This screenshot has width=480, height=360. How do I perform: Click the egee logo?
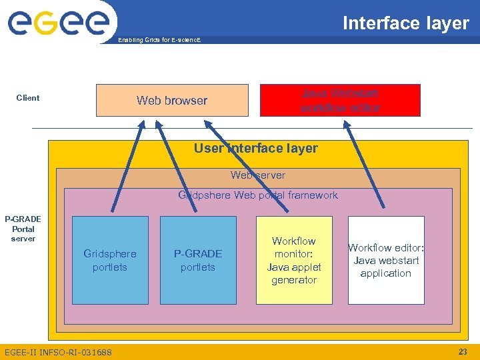(x=58, y=22)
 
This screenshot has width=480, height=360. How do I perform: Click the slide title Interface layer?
(x=405, y=23)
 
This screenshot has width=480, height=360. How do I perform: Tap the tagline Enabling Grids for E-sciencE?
(x=159, y=40)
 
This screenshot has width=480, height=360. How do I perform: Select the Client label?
(x=28, y=98)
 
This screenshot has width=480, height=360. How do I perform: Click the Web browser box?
(x=172, y=101)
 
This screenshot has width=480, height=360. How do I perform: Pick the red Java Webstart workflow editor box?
(x=340, y=101)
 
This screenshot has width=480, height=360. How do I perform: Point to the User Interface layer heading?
(x=256, y=148)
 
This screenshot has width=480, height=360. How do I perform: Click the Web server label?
(x=257, y=175)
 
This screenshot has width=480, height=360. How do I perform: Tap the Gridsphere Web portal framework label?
(x=257, y=195)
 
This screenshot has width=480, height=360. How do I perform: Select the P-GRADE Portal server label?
(x=23, y=229)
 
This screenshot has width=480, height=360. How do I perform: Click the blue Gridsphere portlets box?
(x=110, y=261)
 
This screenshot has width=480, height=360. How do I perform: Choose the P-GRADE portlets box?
(x=198, y=261)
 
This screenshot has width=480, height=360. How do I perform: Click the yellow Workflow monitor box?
(x=294, y=261)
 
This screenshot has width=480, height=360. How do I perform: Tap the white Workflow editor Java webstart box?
(x=386, y=260)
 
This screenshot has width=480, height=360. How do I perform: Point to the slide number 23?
(x=463, y=351)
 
